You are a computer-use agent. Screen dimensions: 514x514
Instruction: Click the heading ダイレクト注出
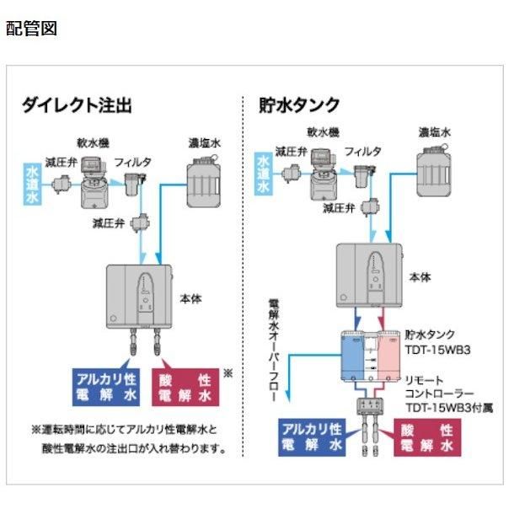pyautogui.click(x=77, y=105)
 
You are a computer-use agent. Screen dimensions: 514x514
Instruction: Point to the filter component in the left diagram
pyautogui.click(x=132, y=183)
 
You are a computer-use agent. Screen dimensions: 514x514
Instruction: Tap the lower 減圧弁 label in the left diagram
pyautogui.click(x=112, y=223)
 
